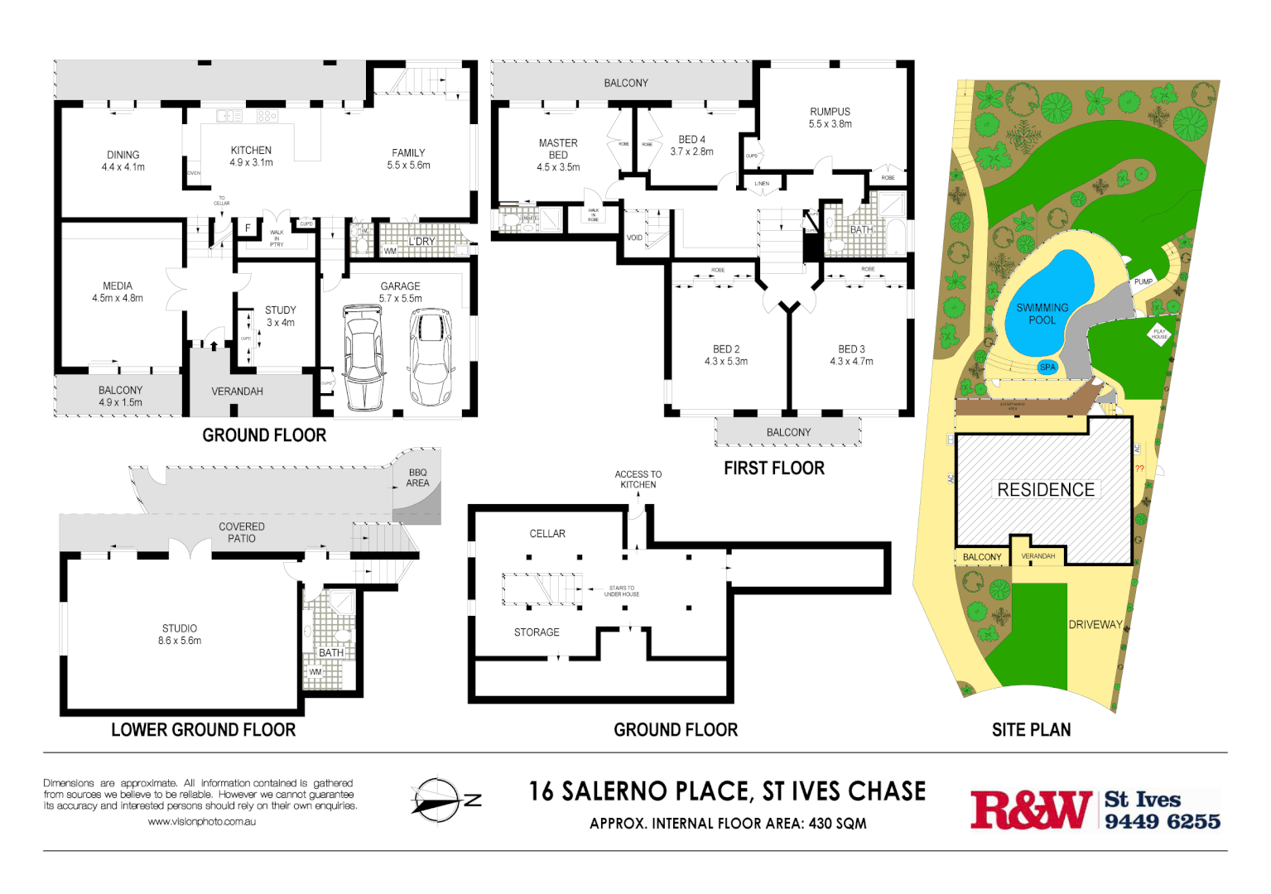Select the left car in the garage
pyautogui.click(x=363, y=358)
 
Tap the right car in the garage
pyautogui.click(x=431, y=358)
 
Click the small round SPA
pyautogui.click(x=1047, y=367)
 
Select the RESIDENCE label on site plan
pyautogui.click(x=1045, y=490)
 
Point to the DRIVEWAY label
pyautogui.click(x=1095, y=625)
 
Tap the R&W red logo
pyautogui.click(x=1031, y=810)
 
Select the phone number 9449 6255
pyautogui.click(x=1162, y=821)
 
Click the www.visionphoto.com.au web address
pyautogui.click(x=201, y=822)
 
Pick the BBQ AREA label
pyautogui.click(x=417, y=478)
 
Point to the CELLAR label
pyautogui.click(x=547, y=534)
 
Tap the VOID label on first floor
pyautogui.click(x=634, y=238)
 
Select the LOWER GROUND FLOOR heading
pyautogui.click(x=203, y=730)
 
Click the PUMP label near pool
pyautogui.click(x=1143, y=281)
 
